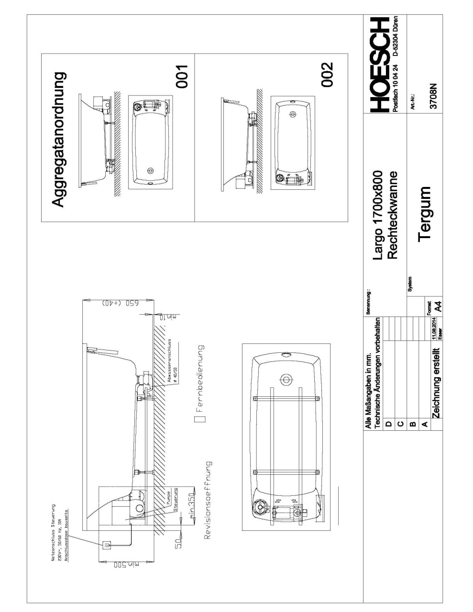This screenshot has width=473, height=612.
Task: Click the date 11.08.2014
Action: click(433, 327)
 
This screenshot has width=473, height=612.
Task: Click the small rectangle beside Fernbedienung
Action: click(202, 419)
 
